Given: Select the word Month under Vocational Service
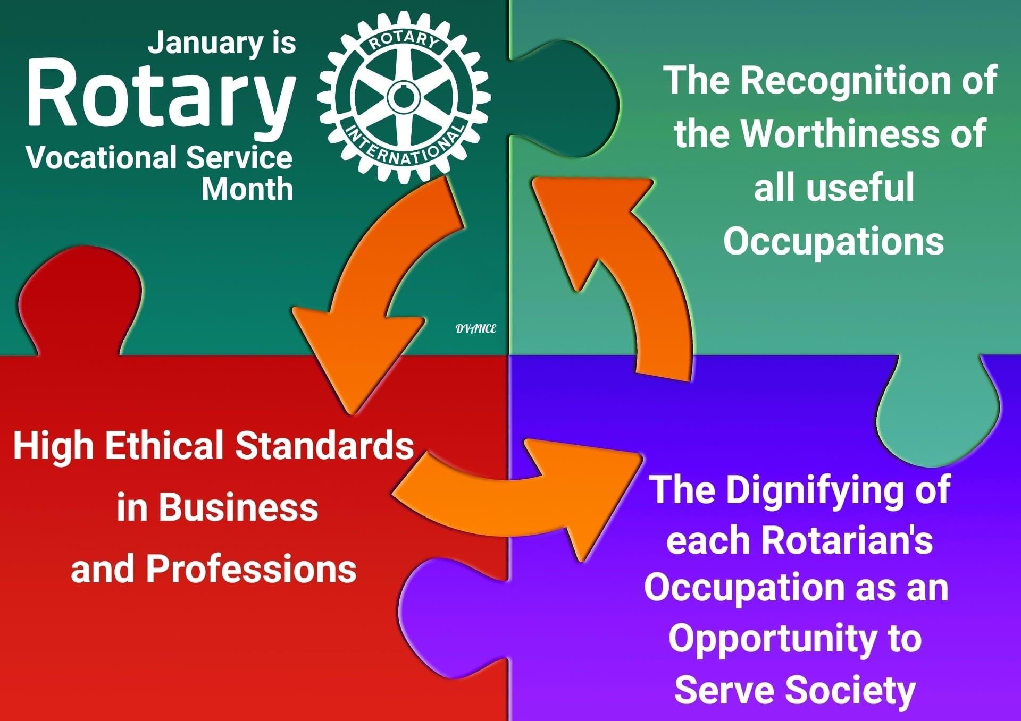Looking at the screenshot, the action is pyautogui.click(x=247, y=189).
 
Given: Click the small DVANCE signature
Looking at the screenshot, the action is pyautogui.click(x=476, y=329).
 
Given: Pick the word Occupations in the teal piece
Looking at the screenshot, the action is pyautogui.click(x=833, y=242).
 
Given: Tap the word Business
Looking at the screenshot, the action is pyautogui.click(x=238, y=507).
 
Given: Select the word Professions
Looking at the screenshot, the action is pyautogui.click(x=251, y=569).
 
